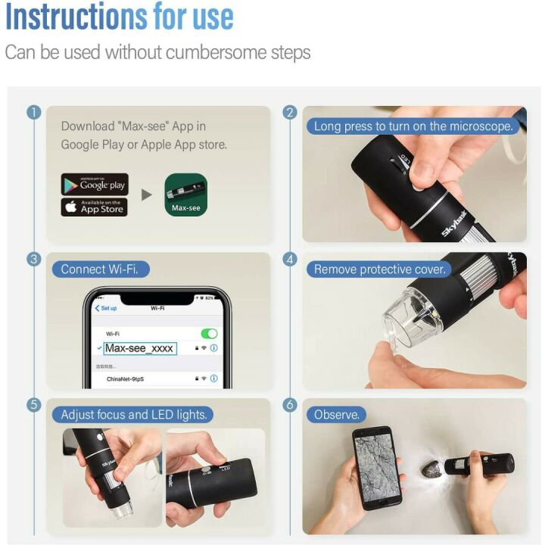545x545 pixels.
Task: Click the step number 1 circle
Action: click(x=33, y=113)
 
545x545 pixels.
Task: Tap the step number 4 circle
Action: click(x=289, y=259)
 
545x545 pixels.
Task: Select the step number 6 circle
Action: click(x=289, y=405)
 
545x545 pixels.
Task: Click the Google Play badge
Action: click(x=95, y=185)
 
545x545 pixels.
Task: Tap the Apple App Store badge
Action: click(x=95, y=207)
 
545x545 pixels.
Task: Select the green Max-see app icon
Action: click(x=185, y=195)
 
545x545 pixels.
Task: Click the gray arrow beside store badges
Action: click(x=146, y=195)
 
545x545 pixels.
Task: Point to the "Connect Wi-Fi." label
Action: click(x=100, y=269)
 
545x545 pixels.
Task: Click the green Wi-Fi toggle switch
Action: click(x=209, y=334)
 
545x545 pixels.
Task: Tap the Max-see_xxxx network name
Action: click(x=139, y=348)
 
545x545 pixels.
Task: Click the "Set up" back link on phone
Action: click(x=106, y=308)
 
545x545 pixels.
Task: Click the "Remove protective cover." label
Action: click(x=380, y=269)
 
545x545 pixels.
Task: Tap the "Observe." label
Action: click(x=336, y=415)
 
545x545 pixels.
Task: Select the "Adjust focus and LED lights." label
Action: click(x=133, y=415)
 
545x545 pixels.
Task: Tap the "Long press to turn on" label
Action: click(x=413, y=126)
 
